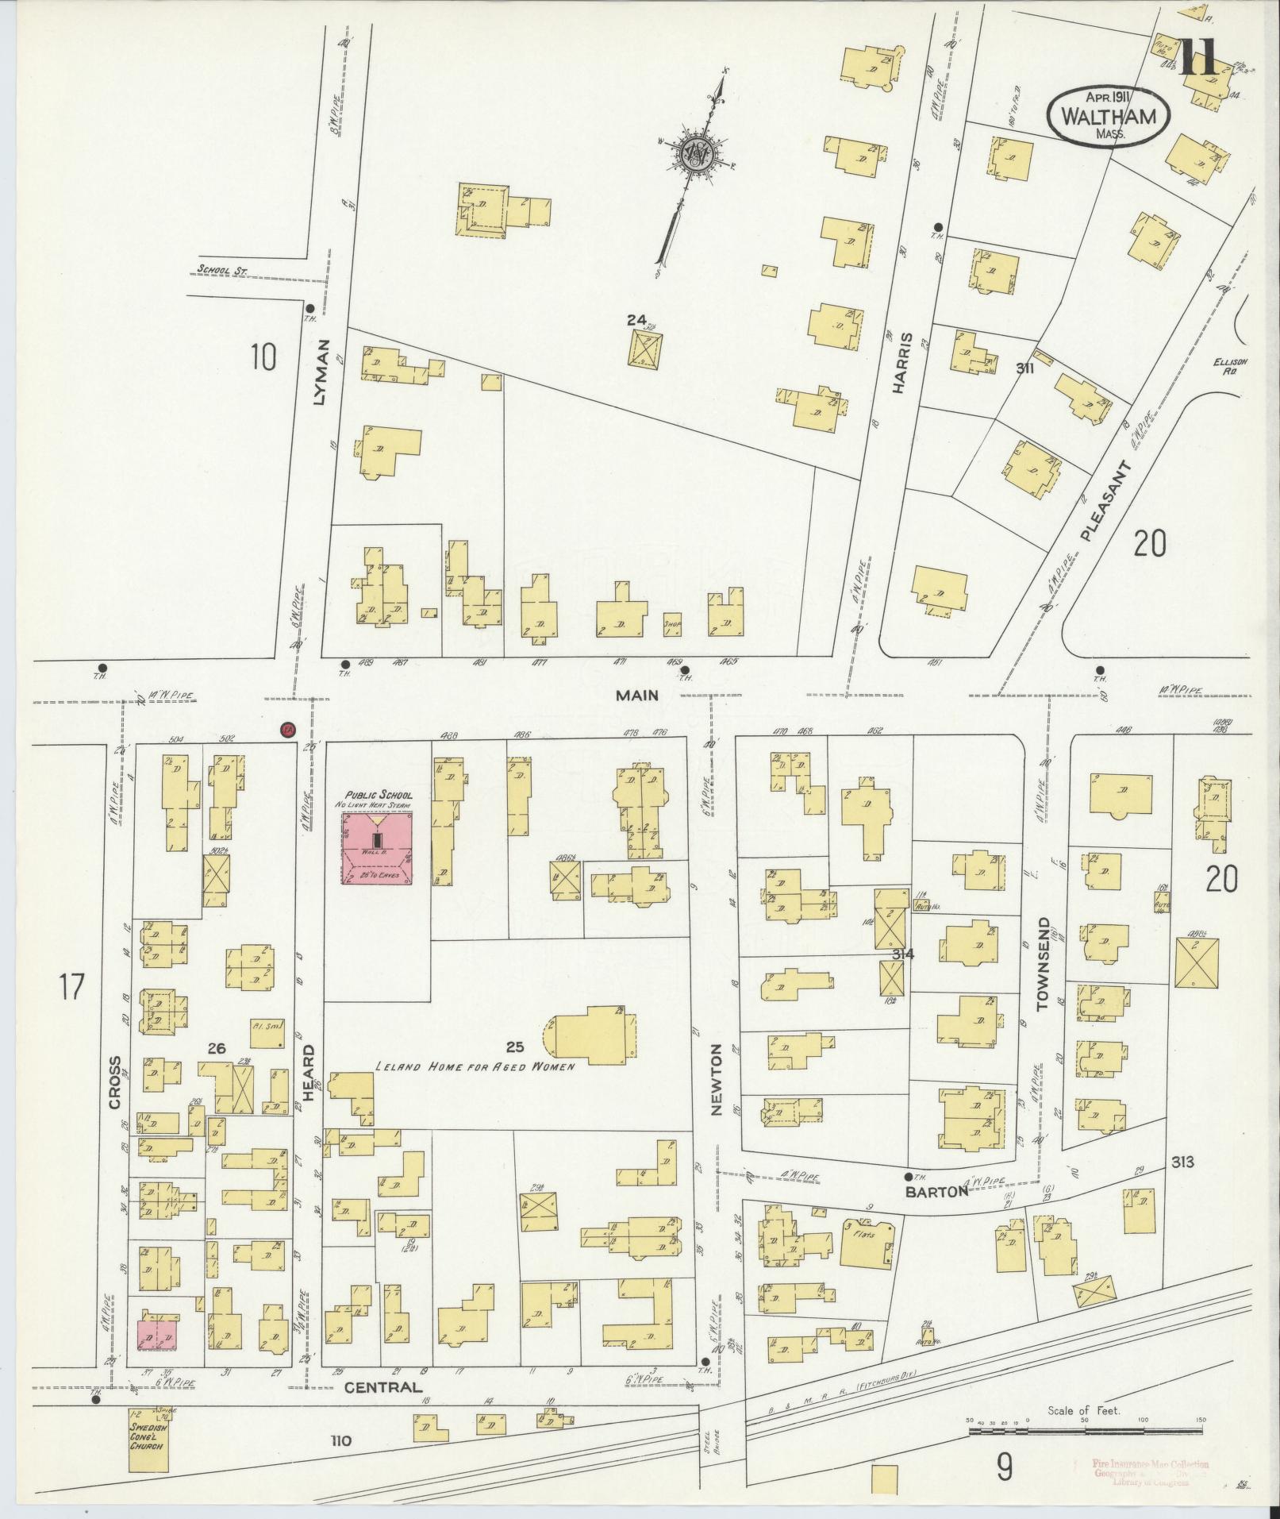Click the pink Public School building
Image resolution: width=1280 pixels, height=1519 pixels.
(x=377, y=848)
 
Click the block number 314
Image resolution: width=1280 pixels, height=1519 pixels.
(x=902, y=954)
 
